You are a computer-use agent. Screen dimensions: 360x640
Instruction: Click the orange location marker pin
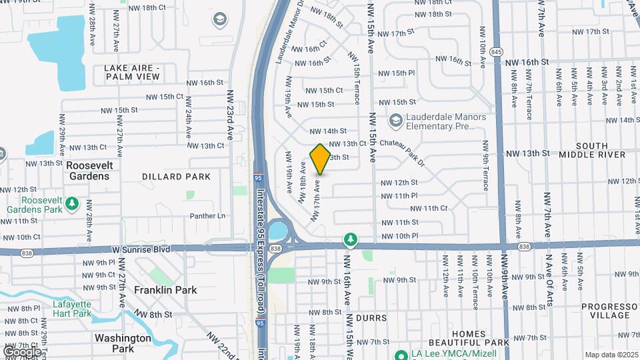point(320,159)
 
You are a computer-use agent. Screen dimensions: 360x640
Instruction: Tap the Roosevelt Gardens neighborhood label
point(87,170)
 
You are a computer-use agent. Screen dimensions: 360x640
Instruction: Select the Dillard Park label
point(176,176)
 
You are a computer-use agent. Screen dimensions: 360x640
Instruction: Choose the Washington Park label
point(123,343)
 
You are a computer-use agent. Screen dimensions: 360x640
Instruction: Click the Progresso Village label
point(605,311)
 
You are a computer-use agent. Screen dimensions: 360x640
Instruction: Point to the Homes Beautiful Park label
point(477,338)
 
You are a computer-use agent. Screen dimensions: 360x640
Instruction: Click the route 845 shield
point(496,51)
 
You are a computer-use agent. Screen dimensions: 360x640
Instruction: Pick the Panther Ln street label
point(207,216)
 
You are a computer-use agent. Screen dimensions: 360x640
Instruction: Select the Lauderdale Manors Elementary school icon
point(396,120)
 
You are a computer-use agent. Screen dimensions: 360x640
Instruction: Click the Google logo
point(22,351)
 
